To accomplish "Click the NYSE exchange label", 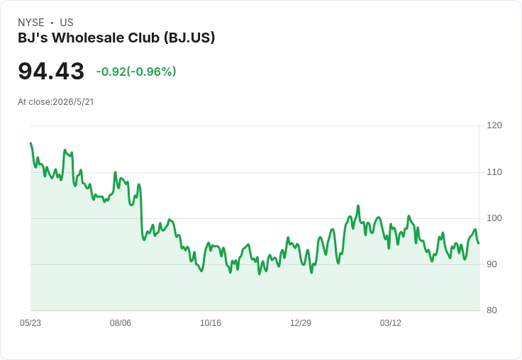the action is (31, 23).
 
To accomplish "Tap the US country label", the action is (67, 23).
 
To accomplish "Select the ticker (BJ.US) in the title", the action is (189, 38).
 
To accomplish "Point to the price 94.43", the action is (51, 71).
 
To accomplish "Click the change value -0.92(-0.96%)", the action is (136, 72).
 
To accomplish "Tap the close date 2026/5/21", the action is (73, 102).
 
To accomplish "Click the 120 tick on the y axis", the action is (494, 125).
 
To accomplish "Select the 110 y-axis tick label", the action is (494, 172).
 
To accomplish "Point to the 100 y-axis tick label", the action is (494, 218).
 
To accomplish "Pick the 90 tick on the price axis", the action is (492, 264).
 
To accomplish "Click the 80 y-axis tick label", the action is (492, 310).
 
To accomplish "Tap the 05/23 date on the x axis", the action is (30, 323).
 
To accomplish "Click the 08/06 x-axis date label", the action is (121, 323).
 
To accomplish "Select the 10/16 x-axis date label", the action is (211, 323).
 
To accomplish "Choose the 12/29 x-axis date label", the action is (301, 323).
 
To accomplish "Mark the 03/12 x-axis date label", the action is (391, 323).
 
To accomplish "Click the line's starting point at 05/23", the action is (31, 143).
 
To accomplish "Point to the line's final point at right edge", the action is (479, 244).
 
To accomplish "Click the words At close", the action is (34, 102).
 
